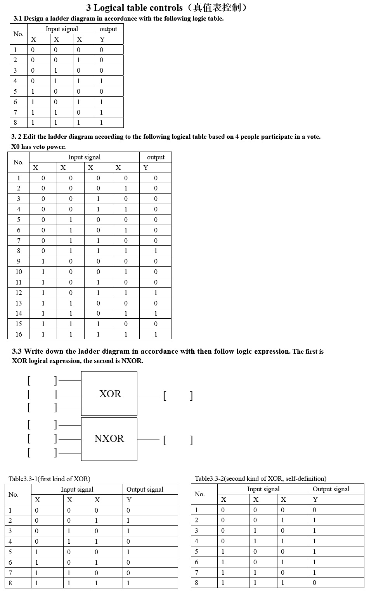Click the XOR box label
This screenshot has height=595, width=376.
(110, 394)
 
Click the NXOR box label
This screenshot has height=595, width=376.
(109, 438)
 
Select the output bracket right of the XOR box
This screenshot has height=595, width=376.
(178, 396)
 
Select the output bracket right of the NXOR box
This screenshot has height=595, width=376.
(178, 440)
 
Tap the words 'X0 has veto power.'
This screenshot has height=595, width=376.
(38, 147)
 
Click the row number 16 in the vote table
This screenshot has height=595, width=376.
(18, 334)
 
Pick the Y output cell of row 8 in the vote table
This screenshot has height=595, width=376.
(156, 251)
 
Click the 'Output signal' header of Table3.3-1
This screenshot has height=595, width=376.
(145, 489)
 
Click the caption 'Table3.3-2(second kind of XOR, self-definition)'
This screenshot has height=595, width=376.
(260, 478)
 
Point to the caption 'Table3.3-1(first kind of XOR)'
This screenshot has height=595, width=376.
(49, 479)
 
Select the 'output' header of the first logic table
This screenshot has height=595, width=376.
(108, 29)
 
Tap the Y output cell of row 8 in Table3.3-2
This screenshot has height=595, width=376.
(314, 583)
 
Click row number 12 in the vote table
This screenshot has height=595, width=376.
(18, 293)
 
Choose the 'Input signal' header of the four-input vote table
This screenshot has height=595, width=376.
(84, 157)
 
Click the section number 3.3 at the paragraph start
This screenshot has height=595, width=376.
(17, 351)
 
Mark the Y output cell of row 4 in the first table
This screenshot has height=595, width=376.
(102, 81)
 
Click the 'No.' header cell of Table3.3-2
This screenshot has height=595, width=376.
(199, 494)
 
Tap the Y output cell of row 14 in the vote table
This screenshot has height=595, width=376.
(156, 313)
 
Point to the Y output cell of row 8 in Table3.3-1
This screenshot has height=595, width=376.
(128, 583)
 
